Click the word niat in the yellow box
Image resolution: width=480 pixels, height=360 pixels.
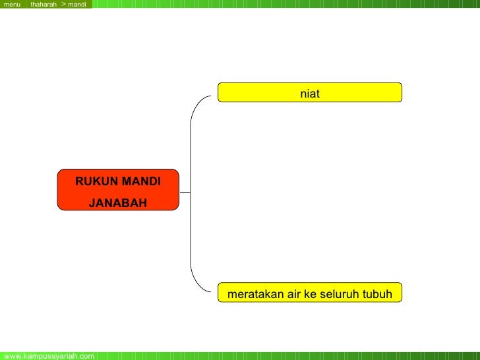(x=310, y=94)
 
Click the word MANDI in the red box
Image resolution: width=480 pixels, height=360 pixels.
(x=139, y=181)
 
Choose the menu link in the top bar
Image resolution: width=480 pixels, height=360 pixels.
(x=13, y=5)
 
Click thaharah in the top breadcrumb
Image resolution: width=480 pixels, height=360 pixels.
(x=44, y=5)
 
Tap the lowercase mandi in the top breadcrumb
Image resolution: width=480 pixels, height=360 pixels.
(x=76, y=5)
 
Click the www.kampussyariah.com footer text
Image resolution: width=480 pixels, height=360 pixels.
(x=49, y=356)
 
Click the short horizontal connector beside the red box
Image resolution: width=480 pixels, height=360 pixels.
(x=185, y=193)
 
